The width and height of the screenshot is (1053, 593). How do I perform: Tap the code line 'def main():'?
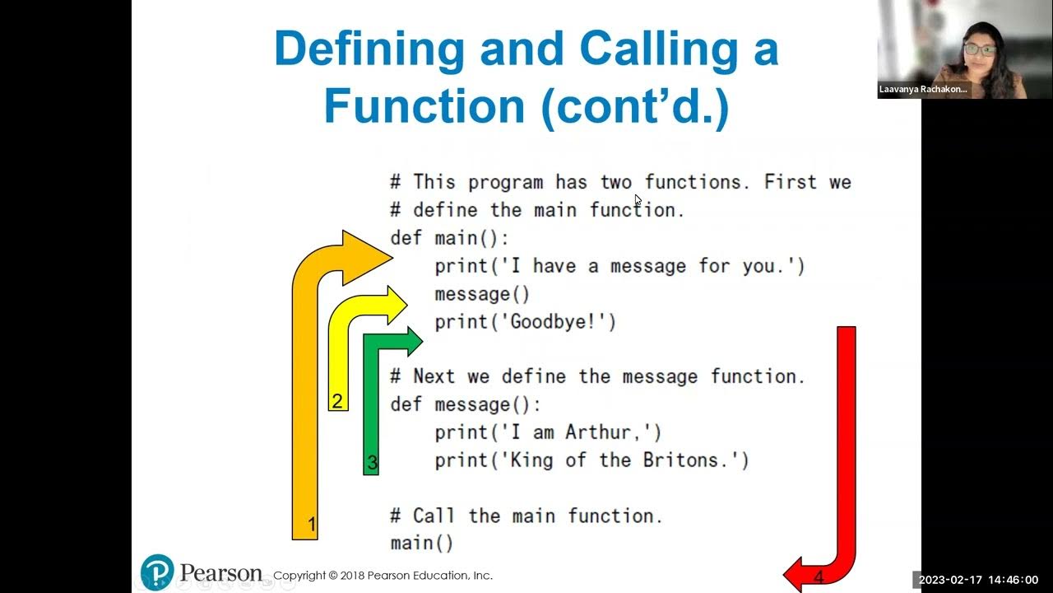pyautogui.click(x=449, y=238)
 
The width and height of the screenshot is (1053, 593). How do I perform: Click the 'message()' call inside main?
pyautogui.click(x=482, y=294)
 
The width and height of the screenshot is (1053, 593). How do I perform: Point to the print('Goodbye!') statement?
pyautogui.click(x=525, y=322)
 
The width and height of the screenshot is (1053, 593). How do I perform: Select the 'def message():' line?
pyautogui.click(x=466, y=404)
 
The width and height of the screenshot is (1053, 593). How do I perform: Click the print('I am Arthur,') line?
pyautogui.click(x=548, y=432)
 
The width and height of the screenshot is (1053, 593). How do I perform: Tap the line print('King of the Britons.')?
pyautogui.click(x=591, y=460)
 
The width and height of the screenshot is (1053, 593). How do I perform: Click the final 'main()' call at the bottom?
pyautogui.click(x=421, y=543)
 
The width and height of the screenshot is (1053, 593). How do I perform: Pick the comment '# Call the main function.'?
pyautogui.click(x=526, y=516)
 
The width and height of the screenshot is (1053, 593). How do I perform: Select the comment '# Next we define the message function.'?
pyautogui.click(x=597, y=376)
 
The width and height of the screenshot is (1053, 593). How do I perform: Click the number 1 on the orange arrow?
pyautogui.click(x=312, y=524)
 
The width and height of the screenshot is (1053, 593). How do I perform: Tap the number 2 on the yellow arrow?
pyautogui.click(x=336, y=401)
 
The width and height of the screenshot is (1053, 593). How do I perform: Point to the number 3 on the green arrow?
pyautogui.click(x=372, y=463)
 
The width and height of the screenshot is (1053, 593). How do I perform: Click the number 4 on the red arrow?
pyautogui.click(x=819, y=577)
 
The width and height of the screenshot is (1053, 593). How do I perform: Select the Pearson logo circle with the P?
pyautogui.click(x=157, y=572)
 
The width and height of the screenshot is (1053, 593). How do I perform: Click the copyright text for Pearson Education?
pyautogui.click(x=383, y=576)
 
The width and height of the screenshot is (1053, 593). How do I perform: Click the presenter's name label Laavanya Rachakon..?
pyautogui.click(x=923, y=89)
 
